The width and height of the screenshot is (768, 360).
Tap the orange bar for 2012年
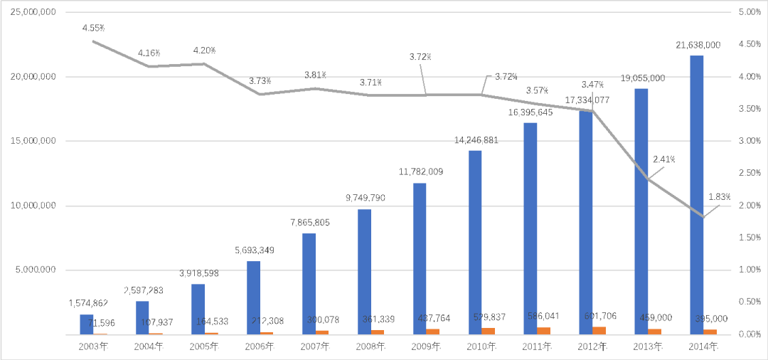pos(599,330)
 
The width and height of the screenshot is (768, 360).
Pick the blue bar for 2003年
pos(86,324)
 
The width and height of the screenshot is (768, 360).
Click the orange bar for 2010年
pos(488,331)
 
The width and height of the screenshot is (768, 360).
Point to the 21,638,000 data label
pos(698,45)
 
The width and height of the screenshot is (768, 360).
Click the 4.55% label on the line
pos(93,28)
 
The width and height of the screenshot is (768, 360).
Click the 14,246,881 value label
pos(476,140)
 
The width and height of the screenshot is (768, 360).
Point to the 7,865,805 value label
pos(309,223)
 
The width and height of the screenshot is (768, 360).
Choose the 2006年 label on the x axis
pos(259,346)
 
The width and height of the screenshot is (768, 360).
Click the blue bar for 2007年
pos(309,284)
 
